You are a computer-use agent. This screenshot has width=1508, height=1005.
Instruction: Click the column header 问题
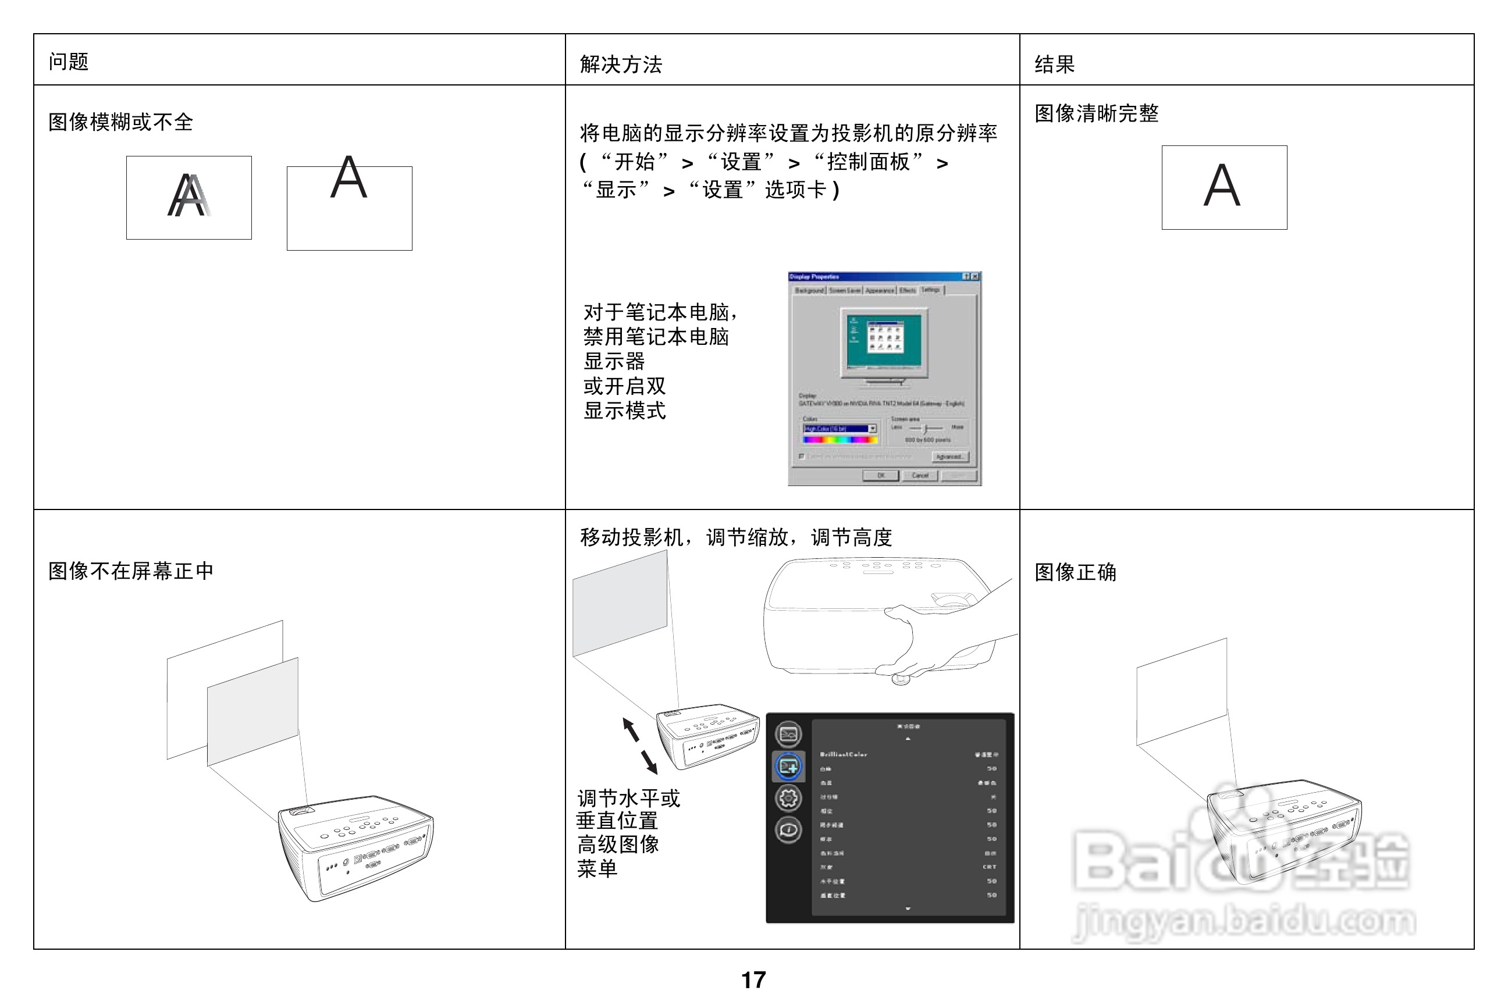68,62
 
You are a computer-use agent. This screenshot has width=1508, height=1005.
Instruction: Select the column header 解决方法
620,64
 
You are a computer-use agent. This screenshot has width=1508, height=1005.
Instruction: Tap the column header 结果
1054,64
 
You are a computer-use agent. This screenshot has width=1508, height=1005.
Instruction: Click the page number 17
753,980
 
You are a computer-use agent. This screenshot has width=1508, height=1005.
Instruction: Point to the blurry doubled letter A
188,195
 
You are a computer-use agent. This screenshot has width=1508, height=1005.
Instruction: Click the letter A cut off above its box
349,177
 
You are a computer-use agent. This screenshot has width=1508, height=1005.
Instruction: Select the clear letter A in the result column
1222,186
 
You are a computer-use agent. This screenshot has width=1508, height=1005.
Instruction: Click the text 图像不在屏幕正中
131,571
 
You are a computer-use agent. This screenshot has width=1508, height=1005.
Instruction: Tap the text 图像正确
1075,572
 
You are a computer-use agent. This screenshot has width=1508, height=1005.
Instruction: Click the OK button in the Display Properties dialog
880,476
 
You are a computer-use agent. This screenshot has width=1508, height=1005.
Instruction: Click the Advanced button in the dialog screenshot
949,457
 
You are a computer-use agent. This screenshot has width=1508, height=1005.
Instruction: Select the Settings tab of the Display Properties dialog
930,290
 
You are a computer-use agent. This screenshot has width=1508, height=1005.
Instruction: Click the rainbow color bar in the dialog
841,440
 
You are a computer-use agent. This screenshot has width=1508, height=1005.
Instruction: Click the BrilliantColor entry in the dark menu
843,754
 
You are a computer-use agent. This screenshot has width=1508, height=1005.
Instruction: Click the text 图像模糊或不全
120,122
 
